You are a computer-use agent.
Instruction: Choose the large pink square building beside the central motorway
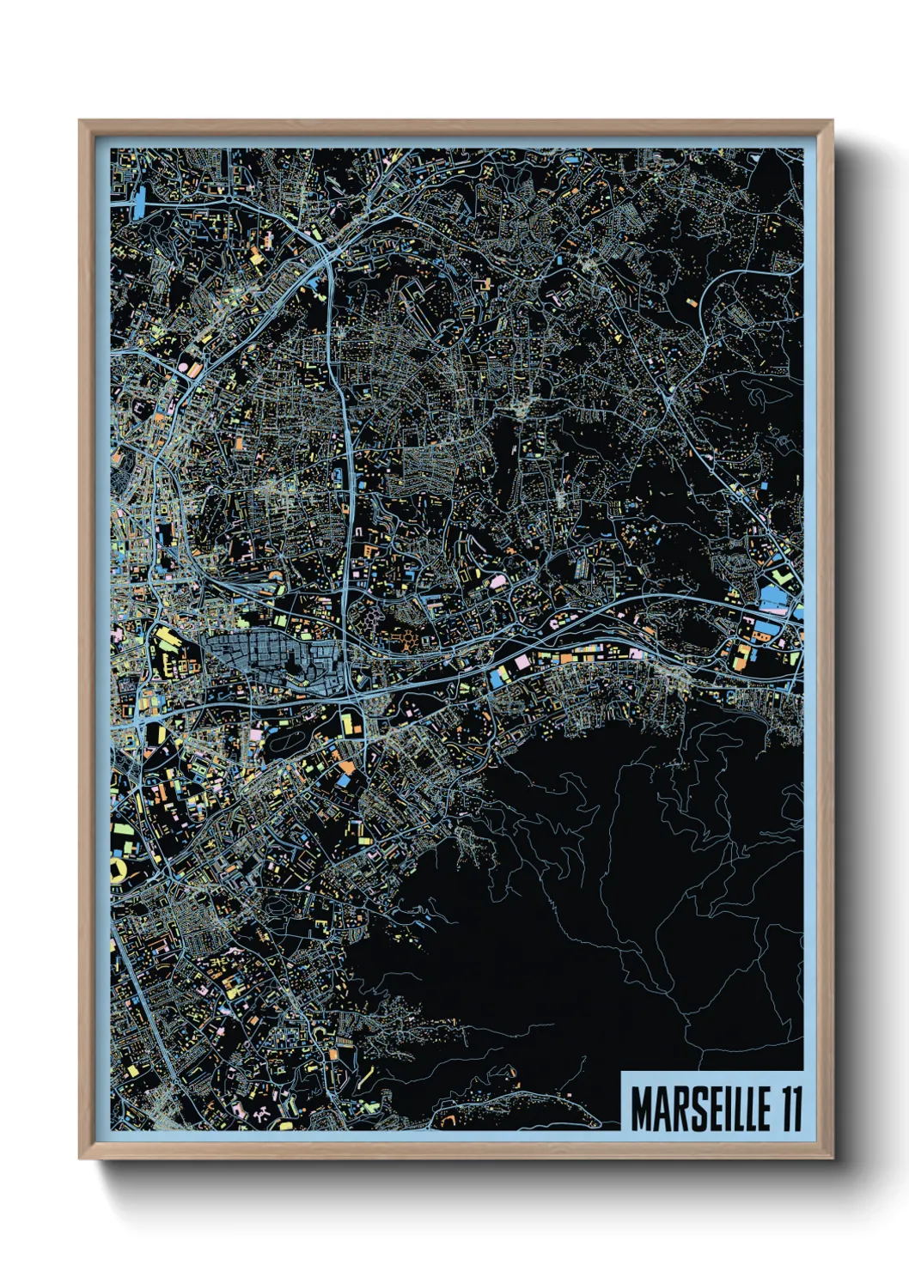522,661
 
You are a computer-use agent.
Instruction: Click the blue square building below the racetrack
343,781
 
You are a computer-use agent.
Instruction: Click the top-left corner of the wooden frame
81,122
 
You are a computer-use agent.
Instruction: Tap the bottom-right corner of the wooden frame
831,1157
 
